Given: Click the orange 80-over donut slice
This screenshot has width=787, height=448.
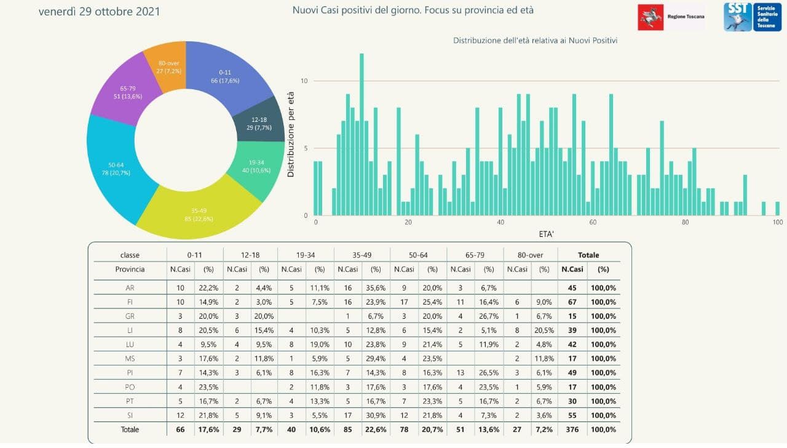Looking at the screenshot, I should click(x=164, y=66).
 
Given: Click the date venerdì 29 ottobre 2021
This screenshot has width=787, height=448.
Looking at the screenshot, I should click(x=99, y=12).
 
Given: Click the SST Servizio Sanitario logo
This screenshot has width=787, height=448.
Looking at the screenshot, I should click(x=752, y=17).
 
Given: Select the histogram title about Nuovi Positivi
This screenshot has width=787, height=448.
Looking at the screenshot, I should click(x=535, y=41).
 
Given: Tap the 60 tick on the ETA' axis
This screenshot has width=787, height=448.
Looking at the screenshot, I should click(x=593, y=223).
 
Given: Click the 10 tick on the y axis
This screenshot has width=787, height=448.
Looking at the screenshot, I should click(x=304, y=81).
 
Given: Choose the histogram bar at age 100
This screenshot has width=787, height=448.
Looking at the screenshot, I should click(x=777, y=209).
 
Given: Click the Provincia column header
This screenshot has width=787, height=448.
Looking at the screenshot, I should click(x=130, y=269).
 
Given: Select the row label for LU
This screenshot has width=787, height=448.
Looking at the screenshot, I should click(x=130, y=344).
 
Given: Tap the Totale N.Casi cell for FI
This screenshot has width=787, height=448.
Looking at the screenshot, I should click(x=572, y=302).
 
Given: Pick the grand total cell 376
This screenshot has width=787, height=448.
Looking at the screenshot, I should click(x=572, y=429).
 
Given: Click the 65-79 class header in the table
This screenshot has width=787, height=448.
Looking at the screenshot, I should click(x=474, y=255).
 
